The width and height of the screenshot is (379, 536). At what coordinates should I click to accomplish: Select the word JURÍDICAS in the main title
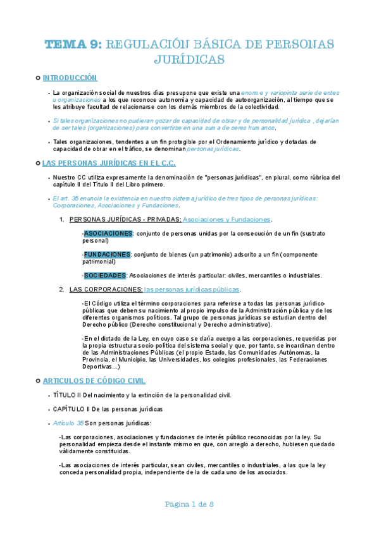(190, 60)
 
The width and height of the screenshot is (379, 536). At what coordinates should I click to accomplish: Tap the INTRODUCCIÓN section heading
(70, 78)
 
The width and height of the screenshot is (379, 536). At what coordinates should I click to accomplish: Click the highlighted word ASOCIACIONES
(108, 233)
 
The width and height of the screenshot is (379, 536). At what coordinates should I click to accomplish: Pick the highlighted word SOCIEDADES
(105, 275)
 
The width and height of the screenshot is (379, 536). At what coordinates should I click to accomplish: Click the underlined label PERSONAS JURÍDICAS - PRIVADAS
(125, 219)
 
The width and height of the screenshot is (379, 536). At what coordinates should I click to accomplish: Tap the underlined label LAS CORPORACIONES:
(106, 289)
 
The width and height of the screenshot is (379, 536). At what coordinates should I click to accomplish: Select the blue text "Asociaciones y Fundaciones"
(227, 219)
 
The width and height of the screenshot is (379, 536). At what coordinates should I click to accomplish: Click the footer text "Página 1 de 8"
(189, 504)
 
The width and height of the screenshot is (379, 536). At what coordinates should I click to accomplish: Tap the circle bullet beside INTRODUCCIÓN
(39, 78)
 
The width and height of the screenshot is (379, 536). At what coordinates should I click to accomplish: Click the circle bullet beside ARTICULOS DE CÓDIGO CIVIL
(39, 381)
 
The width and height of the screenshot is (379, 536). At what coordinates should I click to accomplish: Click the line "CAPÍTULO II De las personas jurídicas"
(108, 409)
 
